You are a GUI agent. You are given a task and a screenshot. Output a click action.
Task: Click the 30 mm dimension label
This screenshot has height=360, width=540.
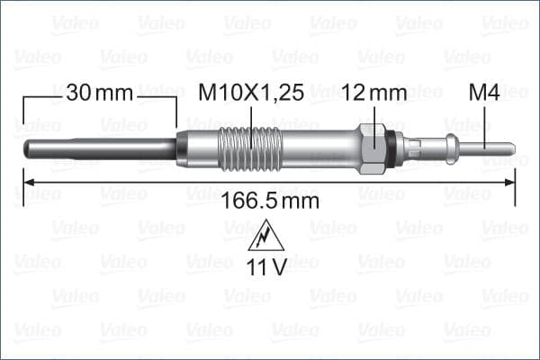(x=99, y=93)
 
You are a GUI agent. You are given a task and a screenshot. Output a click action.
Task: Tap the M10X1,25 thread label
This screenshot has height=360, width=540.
(x=251, y=93)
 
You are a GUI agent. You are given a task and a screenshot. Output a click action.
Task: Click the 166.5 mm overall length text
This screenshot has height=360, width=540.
(x=268, y=201)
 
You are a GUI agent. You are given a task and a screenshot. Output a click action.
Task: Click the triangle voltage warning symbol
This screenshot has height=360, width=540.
(x=267, y=238)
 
